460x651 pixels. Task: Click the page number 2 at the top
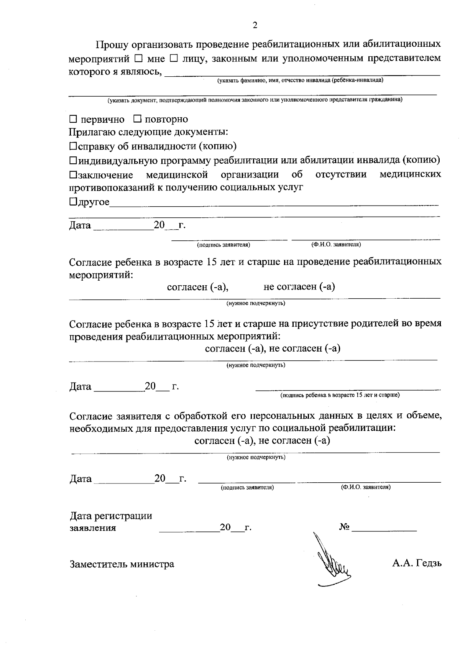pos(255,25)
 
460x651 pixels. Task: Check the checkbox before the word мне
pos(139,59)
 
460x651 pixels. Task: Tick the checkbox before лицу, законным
pos(174,59)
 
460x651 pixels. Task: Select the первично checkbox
pos(73,119)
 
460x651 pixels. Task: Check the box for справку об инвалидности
pos(73,146)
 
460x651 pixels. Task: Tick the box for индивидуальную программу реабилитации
pos(73,160)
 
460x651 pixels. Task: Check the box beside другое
pos(73,202)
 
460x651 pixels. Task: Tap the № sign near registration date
pos(344,527)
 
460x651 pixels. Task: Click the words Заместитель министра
pos(122,564)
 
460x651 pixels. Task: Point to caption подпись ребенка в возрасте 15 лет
pos(340,395)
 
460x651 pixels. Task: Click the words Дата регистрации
pos(111,516)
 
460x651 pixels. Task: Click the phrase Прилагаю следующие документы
pos(148,132)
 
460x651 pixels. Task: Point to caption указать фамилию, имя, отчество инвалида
pos(300,81)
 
